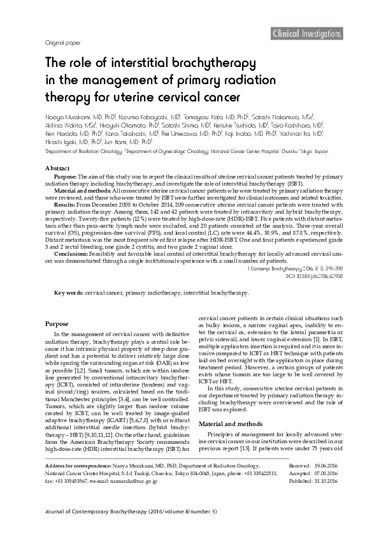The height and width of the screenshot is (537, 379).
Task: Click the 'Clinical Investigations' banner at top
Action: (x=306, y=34)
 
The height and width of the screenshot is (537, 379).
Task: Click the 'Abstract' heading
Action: (x=58, y=167)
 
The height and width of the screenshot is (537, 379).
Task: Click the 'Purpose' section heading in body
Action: (x=57, y=324)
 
